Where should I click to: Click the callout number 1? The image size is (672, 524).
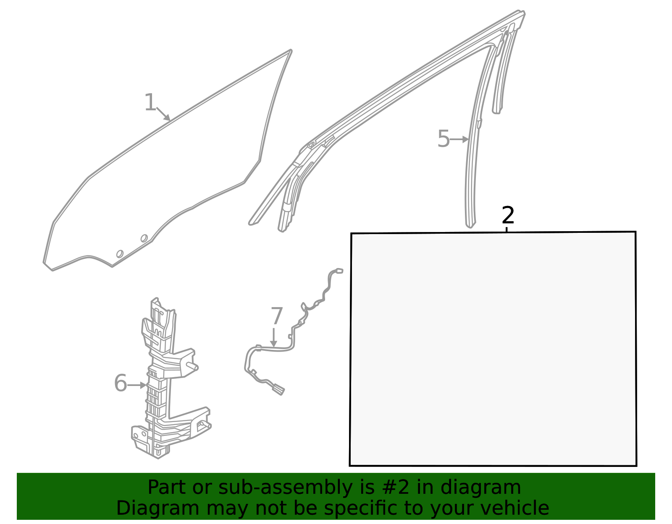point(150,102)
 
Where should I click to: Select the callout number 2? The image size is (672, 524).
point(508,215)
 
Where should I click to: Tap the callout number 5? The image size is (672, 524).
point(444,139)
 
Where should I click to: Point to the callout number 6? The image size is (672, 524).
point(121,383)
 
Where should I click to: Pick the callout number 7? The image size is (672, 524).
point(276,316)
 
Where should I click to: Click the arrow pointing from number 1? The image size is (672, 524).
point(163,114)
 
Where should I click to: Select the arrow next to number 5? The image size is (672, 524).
point(459,139)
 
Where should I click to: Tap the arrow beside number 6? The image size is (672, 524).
point(137,385)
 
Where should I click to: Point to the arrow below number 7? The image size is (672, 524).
point(273,337)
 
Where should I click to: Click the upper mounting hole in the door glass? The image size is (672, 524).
point(144,238)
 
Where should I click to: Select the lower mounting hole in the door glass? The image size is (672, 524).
point(120,254)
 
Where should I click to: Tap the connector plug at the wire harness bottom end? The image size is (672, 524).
point(278,389)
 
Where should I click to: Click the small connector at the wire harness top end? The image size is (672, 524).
point(339,271)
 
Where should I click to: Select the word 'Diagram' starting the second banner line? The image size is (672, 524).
point(158,508)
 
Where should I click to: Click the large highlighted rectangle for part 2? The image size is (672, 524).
point(493,349)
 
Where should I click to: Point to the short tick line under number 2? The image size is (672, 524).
point(507,229)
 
